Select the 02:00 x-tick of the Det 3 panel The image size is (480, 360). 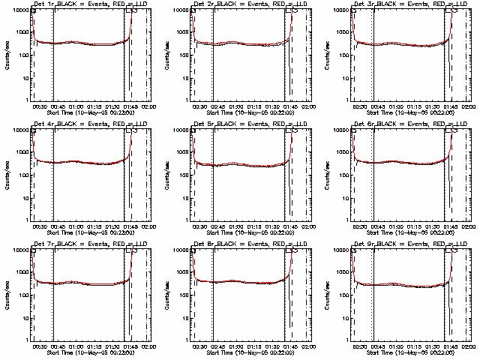point(466,106)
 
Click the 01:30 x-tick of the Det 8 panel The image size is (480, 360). point(276,346)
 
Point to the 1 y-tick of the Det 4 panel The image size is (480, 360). point(28,220)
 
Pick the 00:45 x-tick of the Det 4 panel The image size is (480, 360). point(57,226)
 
